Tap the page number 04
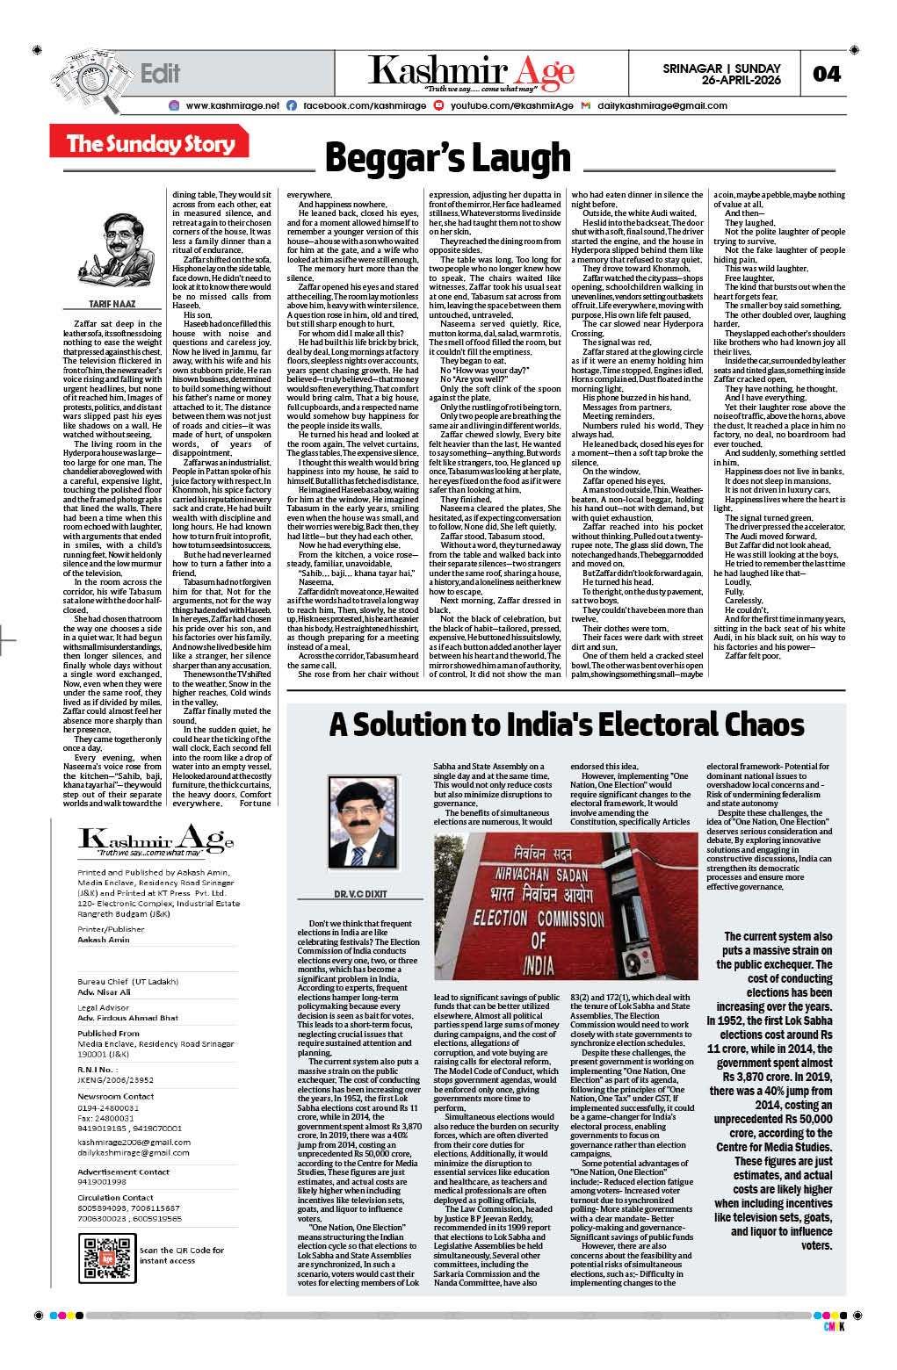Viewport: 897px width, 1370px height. tap(826, 74)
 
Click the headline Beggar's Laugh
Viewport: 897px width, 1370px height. tap(447, 158)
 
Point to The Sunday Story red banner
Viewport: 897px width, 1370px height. tap(151, 143)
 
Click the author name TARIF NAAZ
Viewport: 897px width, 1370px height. tap(112, 304)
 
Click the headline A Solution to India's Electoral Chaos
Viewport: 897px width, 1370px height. tap(567, 725)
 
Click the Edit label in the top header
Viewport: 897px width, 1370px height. tap(160, 74)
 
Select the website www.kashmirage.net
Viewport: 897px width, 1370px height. tap(232, 105)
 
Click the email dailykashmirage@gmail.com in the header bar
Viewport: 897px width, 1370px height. tap(662, 105)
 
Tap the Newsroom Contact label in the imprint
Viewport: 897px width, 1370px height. tap(115, 1096)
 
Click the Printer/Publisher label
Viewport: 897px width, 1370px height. tap(111, 928)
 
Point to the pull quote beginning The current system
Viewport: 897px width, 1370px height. tap(773, 1090)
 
